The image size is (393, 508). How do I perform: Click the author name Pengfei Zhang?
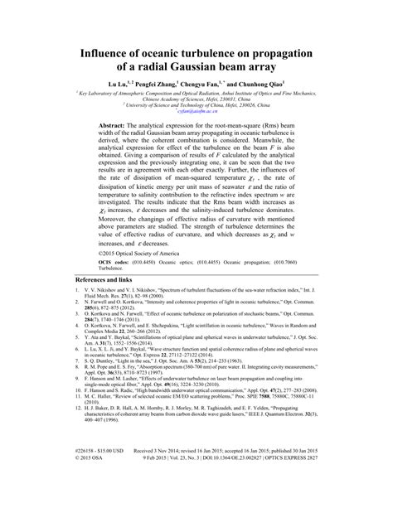157,85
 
